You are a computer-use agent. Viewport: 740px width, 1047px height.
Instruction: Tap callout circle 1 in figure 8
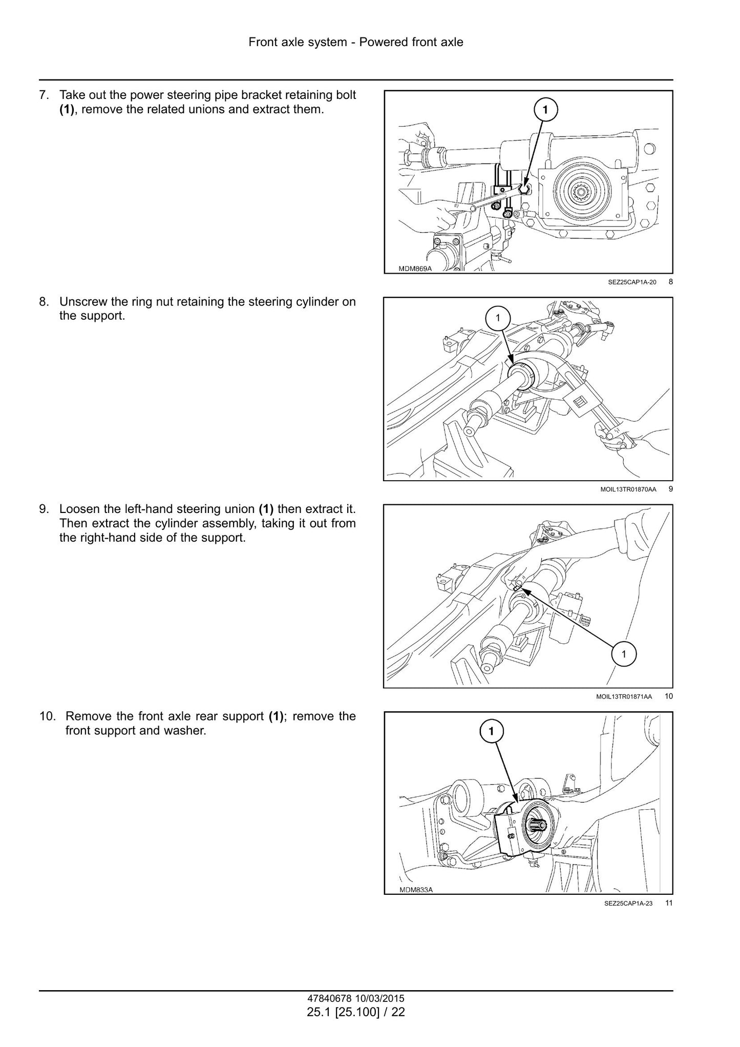coord(545,109)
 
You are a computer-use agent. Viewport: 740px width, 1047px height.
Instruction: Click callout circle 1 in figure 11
coord(491,731)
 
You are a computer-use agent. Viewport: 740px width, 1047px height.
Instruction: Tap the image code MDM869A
coord(415,269)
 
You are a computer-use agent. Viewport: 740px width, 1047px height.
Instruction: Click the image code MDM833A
coord(416,890)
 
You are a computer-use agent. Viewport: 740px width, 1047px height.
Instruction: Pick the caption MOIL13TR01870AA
coord(628,489)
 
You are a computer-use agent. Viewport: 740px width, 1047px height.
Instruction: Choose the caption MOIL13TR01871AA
coord(625,696)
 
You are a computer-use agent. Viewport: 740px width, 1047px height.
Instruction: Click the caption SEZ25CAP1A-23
coord(628,904)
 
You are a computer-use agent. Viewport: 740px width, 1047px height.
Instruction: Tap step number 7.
coord(44,95)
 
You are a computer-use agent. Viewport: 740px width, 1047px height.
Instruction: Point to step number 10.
coord(47,716)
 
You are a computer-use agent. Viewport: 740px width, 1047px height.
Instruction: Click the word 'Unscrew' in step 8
coord(79,302)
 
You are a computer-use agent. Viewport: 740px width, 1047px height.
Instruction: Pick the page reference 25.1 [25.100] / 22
coord(356,1012)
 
